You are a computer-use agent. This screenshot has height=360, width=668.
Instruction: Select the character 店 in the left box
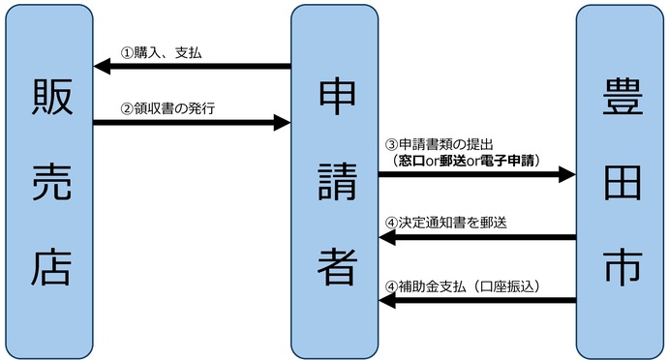(x=48, y=266)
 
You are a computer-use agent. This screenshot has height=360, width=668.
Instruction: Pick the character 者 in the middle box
(x=335, y=266)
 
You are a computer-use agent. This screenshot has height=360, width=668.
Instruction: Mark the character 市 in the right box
(x=619, y=266)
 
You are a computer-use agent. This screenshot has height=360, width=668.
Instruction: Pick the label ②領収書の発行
(x=167, y=107)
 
